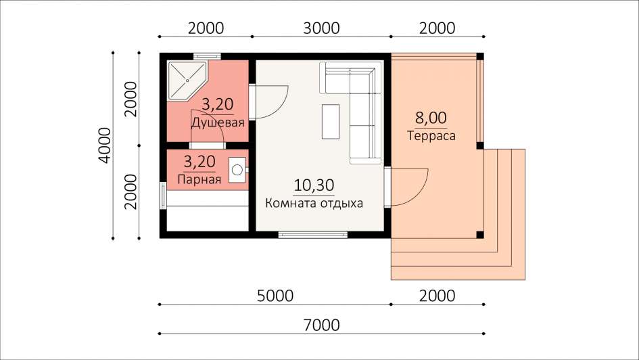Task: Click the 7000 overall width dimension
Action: pos(321,325)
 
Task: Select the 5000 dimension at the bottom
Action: pos(275,296)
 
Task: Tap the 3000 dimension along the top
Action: pos(321,28)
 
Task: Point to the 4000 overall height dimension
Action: pos(104,145)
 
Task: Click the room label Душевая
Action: pos(218,122)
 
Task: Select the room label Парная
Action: pos(199,179)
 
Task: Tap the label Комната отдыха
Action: pos(314,203)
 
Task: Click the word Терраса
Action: pos(431,135)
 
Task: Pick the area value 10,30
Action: pos(314,185)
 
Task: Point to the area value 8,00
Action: pos(431,118)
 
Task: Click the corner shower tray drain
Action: pos(187,81)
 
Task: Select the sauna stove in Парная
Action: pos(237,170)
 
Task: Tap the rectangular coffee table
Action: pos(331,122)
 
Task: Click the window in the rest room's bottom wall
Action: pos(313,234)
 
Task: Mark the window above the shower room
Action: pos(207,56)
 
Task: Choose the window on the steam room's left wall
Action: pos(163,196)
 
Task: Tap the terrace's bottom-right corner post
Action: pos(480,234)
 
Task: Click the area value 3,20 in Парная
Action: pos(199,162)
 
